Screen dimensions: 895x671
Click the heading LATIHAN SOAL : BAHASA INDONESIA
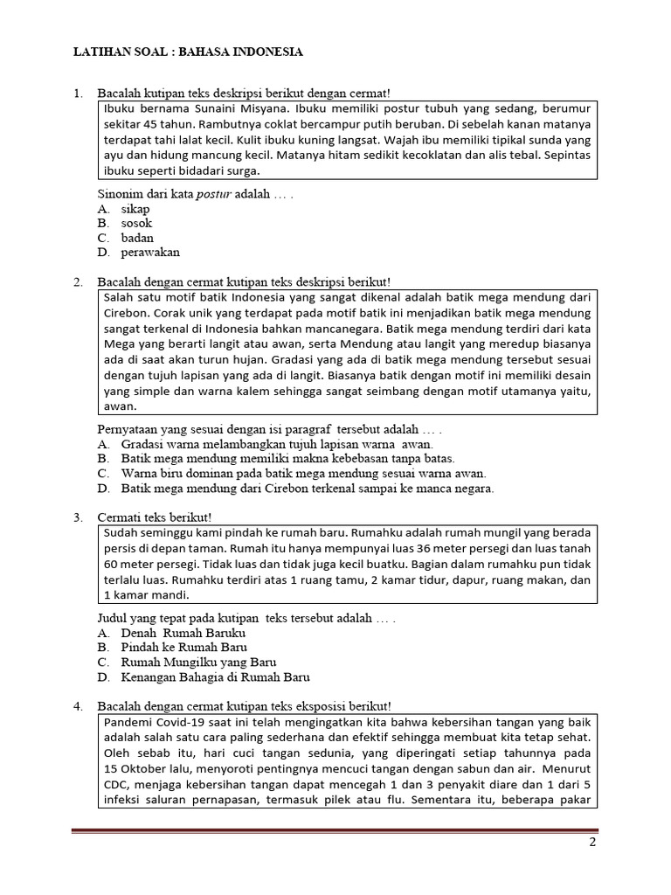[x=188, y=52]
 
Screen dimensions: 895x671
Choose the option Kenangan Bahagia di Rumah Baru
[x=215, y=676]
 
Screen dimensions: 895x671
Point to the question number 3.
[x=79, y=517]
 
